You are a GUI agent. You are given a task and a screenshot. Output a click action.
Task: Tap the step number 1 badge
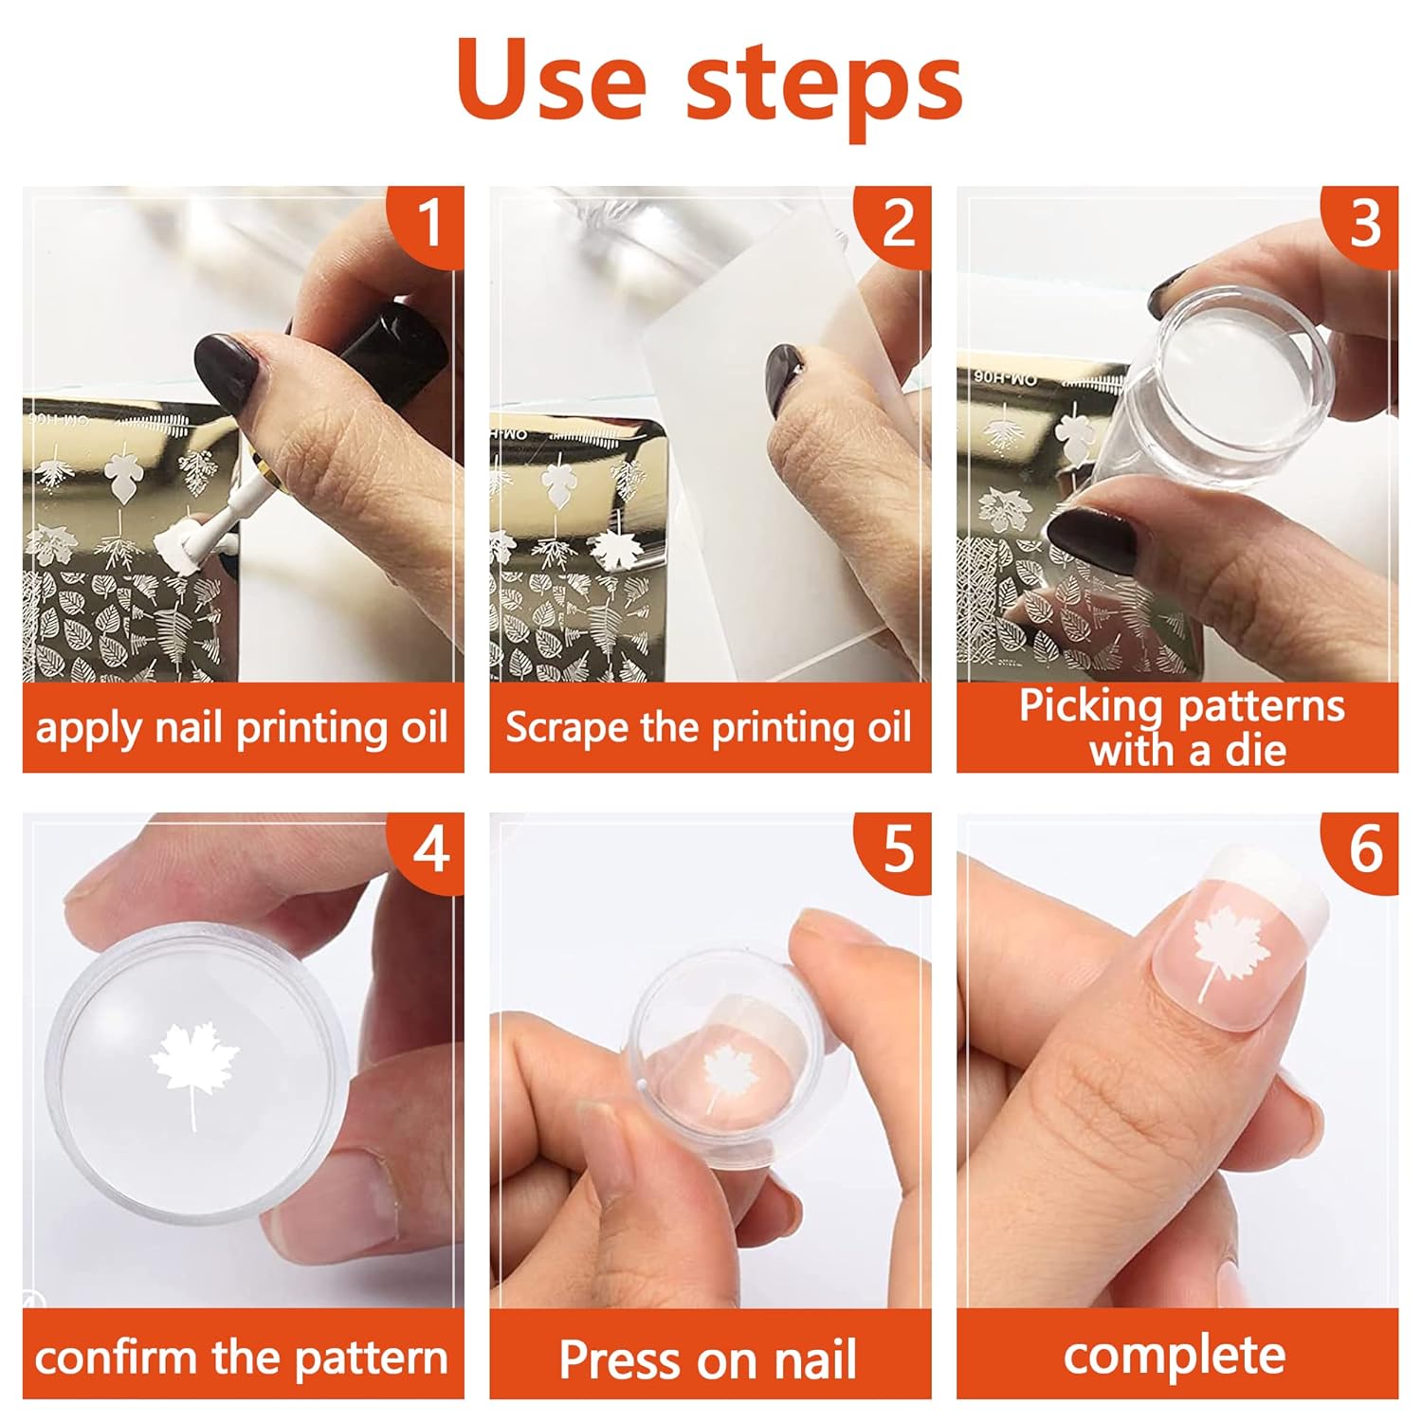[x=429, y=224]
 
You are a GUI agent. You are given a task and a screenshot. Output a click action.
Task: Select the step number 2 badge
[x=897, y=224]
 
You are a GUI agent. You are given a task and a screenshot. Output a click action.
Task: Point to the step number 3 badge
[x=1364, y=224]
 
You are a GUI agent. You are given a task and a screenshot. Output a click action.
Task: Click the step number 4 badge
[x=429, y=849]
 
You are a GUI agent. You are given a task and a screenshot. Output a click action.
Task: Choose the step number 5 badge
[x=897, y=849]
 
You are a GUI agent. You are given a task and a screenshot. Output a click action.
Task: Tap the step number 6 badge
[x=1364, y=849]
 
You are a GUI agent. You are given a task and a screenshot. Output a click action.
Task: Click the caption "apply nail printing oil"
[x=242, y=728]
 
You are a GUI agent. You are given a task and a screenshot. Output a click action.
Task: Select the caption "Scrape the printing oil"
[x=708, y=728]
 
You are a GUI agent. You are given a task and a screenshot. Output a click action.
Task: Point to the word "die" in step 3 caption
[x=1255, y=751]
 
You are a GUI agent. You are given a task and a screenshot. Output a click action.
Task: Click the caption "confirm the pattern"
[x=242, y=1357]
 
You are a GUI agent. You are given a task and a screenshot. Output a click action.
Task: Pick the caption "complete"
[x=1175, y=1357]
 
